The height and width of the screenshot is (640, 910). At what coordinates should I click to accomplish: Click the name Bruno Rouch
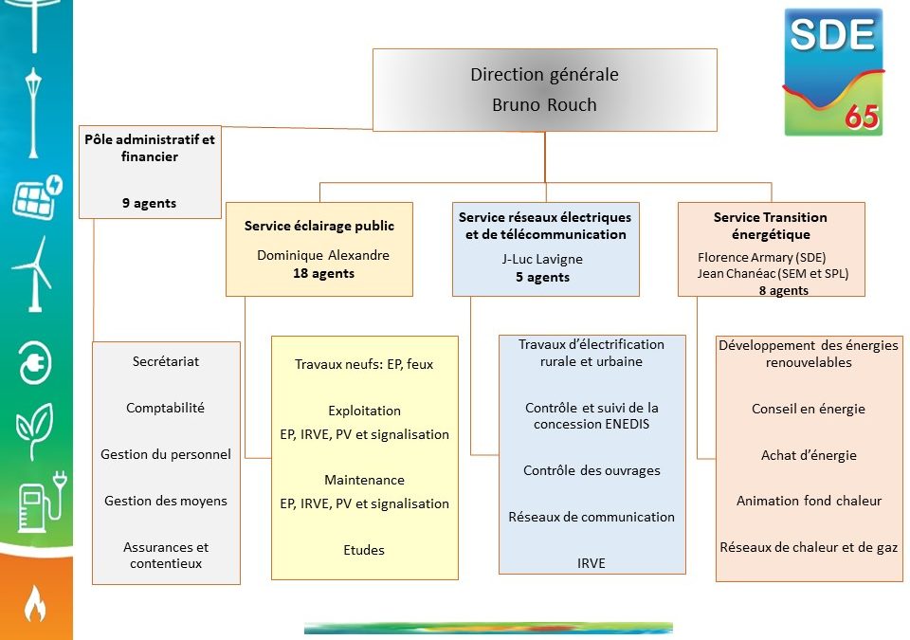pos(544,105)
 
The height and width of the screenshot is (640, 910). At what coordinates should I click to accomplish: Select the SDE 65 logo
pos(833,72)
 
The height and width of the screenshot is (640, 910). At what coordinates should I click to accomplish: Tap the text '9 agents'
pos(149,203)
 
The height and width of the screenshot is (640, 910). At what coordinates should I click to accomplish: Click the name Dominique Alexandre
pos(322,255)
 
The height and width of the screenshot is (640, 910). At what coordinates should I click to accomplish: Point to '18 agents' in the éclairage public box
pos(323,273)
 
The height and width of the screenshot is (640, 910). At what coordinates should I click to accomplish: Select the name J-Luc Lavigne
pos(542,259)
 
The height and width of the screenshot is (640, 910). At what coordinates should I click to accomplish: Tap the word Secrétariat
pos(166,361)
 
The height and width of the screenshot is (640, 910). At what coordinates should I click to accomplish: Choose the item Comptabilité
pos(165,408)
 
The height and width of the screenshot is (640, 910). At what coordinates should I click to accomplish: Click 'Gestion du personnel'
pos(166,454)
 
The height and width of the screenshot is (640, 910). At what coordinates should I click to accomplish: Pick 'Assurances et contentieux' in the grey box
pos(166,556)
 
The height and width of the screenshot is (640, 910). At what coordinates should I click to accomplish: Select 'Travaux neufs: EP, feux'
pos(364,364)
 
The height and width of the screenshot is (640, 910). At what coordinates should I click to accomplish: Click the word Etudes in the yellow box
pos(364,550)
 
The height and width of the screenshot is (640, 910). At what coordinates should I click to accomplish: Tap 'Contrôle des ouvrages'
pos(591,470)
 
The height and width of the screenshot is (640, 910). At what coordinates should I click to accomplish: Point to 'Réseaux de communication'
pos(591,517)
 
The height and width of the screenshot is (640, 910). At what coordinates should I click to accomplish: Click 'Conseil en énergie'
pos(809,410)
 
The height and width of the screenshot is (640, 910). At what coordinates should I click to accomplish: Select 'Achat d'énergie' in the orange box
pos(809,455)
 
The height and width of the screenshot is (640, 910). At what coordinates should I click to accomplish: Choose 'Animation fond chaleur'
pos(809,501)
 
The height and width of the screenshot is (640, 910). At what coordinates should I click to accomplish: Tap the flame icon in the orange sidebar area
pos(34,603)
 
